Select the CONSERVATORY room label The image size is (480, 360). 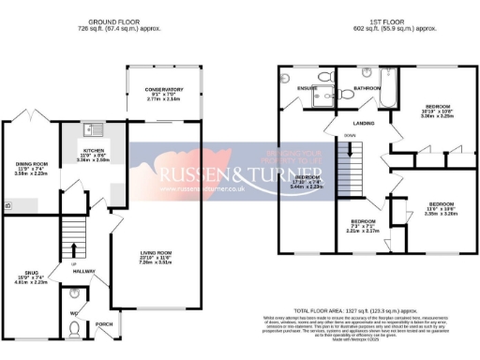[x=157, y=89]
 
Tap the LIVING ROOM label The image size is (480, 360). [x=157, y=252]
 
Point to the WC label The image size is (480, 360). [x=74, y=311]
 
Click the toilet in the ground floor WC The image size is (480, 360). [x=75, y=328]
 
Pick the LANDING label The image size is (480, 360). [x=364, y=122]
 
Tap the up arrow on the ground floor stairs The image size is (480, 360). [x=73, y=249]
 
